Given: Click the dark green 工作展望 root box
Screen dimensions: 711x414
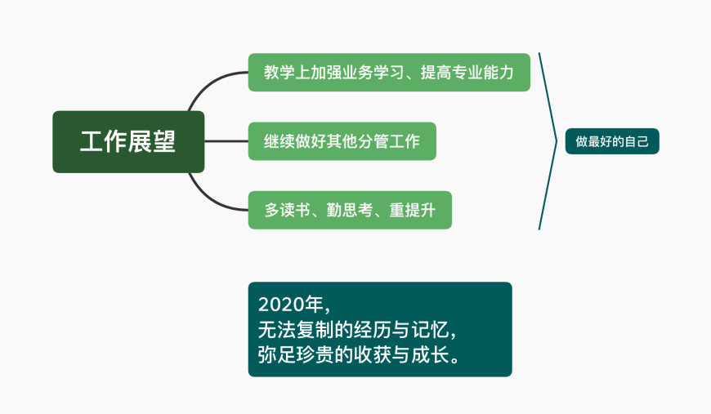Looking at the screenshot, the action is pyautogui.click(x=128, y=142).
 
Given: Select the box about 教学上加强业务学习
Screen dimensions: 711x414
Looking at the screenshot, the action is pyautogui.click(x=389, y=73).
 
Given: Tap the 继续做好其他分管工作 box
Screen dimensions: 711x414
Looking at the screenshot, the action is pyautogui.click(x=342, y=141).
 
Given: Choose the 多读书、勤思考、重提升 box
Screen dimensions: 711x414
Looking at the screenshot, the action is pyautogui.click(x=350, y=210).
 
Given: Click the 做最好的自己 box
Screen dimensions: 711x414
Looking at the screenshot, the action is pyautogui.click(x=611, y=141).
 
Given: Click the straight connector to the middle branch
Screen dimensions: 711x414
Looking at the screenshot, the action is pyautogui.click(x=226, y=141).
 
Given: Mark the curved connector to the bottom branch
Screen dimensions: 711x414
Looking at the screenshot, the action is pyautogui.click(x=208, y=199).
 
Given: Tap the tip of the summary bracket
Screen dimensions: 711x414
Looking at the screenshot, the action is pyautogui.click(x=557, y=141).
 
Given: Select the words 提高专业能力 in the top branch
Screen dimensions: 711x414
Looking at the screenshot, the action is pyautogui.click(x=467, y=73).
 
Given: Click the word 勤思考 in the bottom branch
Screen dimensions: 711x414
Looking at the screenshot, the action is pyautogui.click(x=350, y=210).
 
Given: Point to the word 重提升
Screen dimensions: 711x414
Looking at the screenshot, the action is pyautogui.click(x=412, y=210).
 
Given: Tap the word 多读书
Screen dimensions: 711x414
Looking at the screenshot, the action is pyautogui.click(x=287, y=210).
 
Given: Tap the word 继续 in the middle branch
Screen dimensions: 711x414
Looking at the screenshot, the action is pyautogui.click(x=279, y=141).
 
